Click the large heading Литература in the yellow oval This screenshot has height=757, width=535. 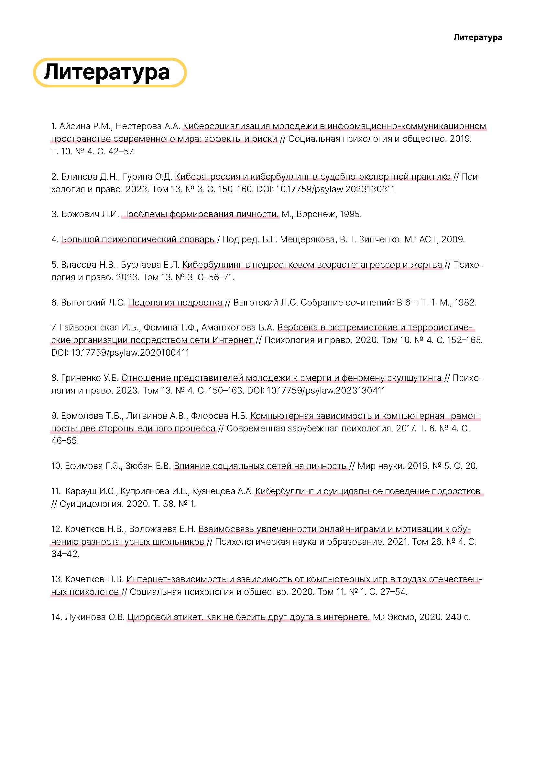click(x=106, y=72)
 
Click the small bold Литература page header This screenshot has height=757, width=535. click(x=477, y=38)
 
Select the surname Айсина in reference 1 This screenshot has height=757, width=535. click(x=75, y=126)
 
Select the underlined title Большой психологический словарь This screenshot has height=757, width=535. click(x=138, y=239)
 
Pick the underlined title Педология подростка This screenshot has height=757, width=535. click(x=175, y=302)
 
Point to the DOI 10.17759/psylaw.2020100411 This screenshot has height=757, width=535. click(x=130, y=353)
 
